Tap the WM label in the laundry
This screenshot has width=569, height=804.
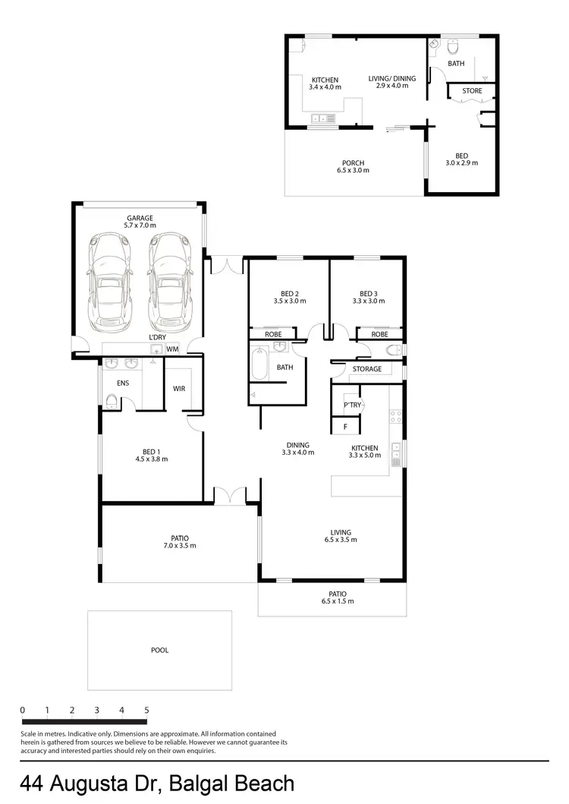tap(172, 349)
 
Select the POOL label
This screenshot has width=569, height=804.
tap(159, 650)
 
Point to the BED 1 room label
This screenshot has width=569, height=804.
tap(151, 452)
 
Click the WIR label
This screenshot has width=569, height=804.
tap(179, 388)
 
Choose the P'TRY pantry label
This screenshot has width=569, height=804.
tap(352, 405)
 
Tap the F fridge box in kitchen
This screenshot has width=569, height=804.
tap(345, 427)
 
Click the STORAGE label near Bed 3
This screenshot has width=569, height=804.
tap(367, 369)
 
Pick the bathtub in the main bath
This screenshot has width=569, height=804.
tap(259, 364)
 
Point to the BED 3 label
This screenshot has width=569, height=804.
tap(369, 294)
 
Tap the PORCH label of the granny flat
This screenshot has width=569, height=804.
tap(353, 162)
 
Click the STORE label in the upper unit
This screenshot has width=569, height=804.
tap(472, 91)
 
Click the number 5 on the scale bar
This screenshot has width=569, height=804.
tap(146, 711)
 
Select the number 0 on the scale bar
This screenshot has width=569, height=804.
tap(23, 711)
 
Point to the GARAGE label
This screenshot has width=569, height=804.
tap(140, 218)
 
